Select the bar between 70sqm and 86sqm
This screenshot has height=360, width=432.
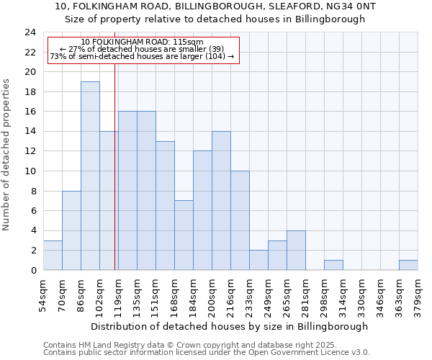tap(71, 230)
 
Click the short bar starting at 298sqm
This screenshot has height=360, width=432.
tap(333, 265)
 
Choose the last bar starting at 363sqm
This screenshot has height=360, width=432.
tap(408, 265)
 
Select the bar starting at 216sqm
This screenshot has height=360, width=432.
tap(240, 220)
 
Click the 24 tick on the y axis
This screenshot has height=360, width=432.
tap(30, 32)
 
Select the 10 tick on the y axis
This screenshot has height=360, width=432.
tap(30, 171)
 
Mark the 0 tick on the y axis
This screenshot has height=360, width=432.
tap(33, 270)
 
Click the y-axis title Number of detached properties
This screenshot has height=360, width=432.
tap(7, 155)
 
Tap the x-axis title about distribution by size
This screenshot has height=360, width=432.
tap(230, 326)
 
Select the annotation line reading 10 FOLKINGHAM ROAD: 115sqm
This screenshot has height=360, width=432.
tap(142, 42)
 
